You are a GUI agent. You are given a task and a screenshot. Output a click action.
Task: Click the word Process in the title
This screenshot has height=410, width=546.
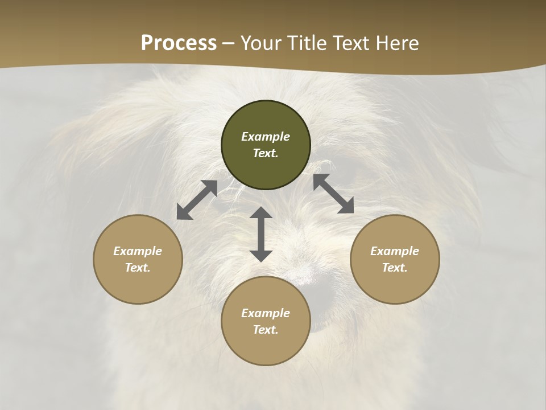point(179,43)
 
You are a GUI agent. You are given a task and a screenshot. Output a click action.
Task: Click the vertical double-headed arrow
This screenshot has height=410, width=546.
point(261,234)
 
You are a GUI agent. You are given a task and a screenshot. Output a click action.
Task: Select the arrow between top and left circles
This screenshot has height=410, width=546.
point(197,200)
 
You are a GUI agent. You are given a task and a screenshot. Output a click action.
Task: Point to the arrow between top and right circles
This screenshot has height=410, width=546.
point(333,194)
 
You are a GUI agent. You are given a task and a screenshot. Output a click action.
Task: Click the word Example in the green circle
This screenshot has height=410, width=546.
point(266,137)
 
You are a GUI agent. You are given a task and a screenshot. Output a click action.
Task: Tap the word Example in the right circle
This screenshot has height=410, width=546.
point(395,251)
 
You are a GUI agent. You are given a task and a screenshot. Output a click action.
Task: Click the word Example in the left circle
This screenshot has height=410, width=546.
point(138,251)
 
